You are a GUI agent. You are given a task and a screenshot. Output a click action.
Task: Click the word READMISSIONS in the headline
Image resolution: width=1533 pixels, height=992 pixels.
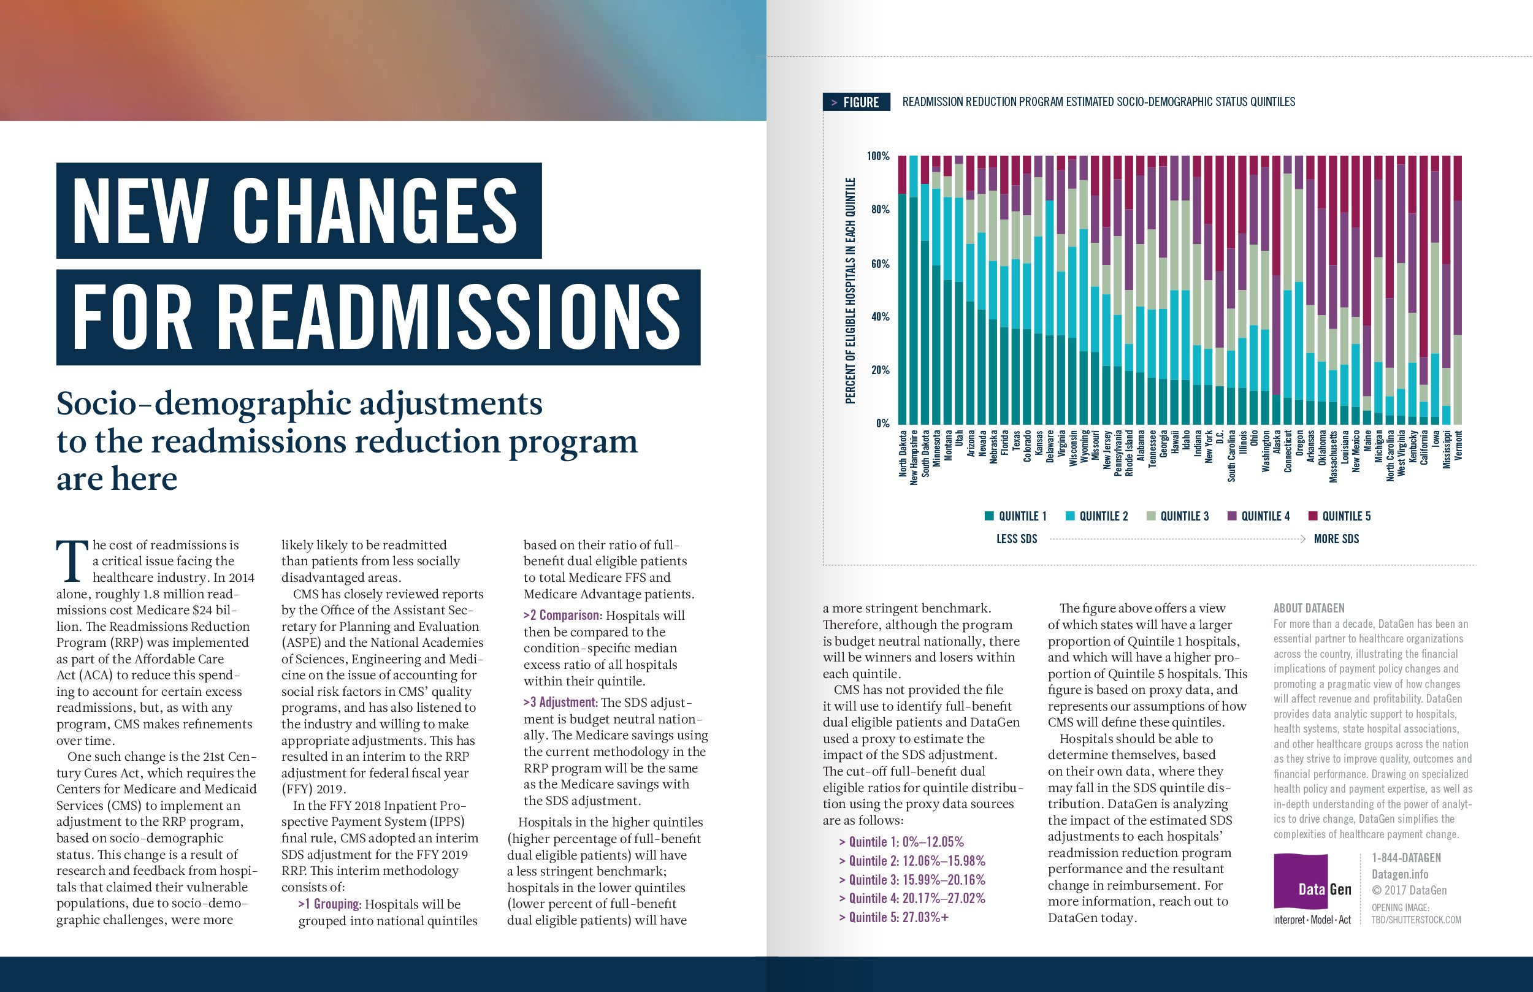[451, 317]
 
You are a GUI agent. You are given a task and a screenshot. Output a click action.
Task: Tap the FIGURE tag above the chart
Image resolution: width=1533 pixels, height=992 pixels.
[856, 102]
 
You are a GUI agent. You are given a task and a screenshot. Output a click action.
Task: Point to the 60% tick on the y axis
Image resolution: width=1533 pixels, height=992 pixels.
[879, 264]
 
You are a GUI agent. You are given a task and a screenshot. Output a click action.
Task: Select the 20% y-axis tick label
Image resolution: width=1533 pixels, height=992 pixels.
[879, 370]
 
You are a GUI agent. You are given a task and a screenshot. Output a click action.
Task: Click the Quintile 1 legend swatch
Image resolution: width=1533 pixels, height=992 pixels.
[989, 516]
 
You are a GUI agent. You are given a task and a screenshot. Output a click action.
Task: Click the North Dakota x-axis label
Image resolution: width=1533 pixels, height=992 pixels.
[903, 454]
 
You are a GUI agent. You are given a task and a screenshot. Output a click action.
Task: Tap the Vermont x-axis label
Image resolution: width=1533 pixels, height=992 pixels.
[1458, 445]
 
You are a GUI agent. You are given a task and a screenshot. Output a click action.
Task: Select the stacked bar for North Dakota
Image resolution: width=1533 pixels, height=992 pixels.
[903, 290]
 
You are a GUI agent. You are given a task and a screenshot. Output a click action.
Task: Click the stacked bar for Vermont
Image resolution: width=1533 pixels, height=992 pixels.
[1458, 290]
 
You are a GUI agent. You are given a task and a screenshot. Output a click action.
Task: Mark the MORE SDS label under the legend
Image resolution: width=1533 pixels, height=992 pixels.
[1336, 539]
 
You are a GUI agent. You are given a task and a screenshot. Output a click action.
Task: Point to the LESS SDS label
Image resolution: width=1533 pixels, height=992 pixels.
[1017, 539]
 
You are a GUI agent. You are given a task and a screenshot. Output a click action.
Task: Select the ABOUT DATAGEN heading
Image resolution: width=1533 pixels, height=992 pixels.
[1308, 608]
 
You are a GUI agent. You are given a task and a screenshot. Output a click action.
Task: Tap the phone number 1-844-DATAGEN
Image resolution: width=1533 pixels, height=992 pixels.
[1406, 858]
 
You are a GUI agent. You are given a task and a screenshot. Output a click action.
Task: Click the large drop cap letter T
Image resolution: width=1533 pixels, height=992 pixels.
[72, 560]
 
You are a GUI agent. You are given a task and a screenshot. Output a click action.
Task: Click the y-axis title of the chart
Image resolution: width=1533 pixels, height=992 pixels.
[851, 290]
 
